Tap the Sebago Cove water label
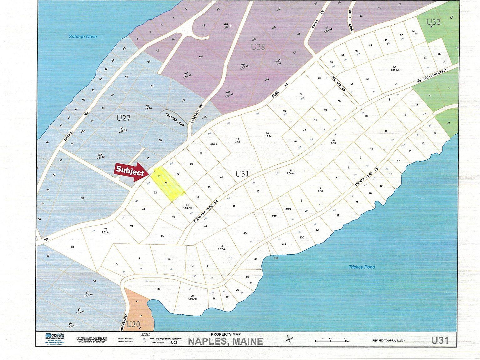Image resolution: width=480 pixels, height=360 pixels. tap(83, 37)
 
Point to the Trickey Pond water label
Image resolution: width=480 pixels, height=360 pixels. tap(362, 267)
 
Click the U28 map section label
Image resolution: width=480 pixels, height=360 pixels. tap(258, 47)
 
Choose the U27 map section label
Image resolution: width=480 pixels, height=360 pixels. tap(123, 118)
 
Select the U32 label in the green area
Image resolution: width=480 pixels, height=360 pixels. tap(433, 22)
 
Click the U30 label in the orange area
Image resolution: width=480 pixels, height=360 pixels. tap(133, 324)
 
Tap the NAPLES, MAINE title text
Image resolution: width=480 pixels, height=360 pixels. tap(225, 341)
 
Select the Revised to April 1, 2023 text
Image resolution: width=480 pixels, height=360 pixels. tap(388, 340)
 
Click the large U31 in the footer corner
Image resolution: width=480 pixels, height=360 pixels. tap(440, 340)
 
